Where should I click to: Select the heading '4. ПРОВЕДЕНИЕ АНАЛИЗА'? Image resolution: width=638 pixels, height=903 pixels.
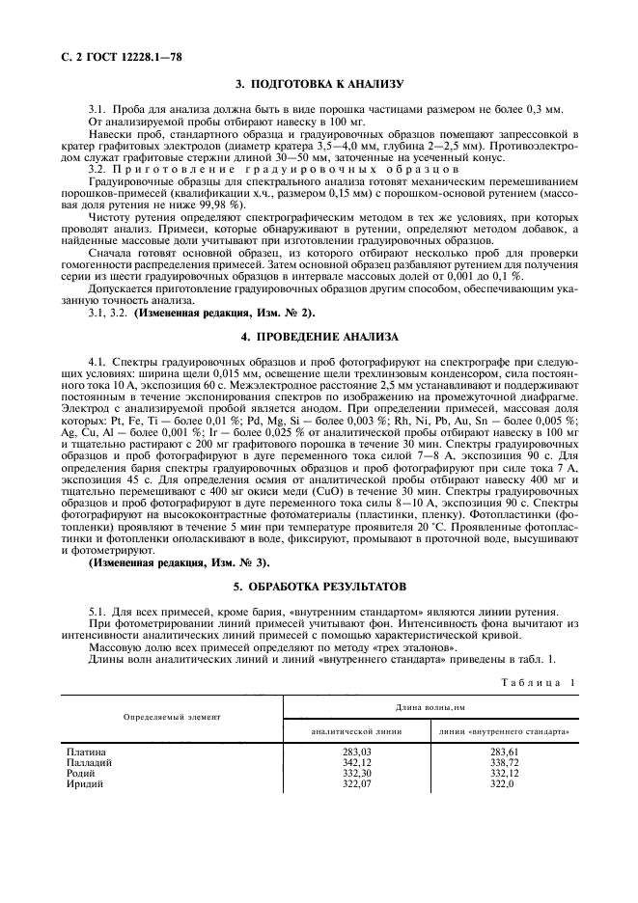[x=319, y=338]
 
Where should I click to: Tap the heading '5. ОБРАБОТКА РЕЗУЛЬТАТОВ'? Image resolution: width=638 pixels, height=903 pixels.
[x=319, y=587]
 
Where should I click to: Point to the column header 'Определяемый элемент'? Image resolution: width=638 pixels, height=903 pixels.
[x=172, y=718]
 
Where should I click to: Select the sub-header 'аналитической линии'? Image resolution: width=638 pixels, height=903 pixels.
[x=354, y=731]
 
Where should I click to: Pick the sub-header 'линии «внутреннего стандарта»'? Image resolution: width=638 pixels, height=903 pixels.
[x=504, y=731]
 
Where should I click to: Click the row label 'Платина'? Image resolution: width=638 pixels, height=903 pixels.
[x=86, y=752]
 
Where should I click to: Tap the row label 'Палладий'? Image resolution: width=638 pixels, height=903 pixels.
[x=89, y=762]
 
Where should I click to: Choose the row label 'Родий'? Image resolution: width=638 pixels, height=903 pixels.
[x=81, y=773]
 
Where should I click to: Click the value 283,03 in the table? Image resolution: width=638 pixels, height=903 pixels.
[x=354, y=752]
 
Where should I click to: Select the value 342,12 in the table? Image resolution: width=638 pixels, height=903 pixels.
[x=354, y=762]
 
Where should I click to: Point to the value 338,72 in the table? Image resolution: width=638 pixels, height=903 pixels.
[x=504, y=762]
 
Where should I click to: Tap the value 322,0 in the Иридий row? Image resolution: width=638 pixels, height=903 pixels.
[x=502, y=783]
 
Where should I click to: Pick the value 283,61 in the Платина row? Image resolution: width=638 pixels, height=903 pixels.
[x=504, y=752]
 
